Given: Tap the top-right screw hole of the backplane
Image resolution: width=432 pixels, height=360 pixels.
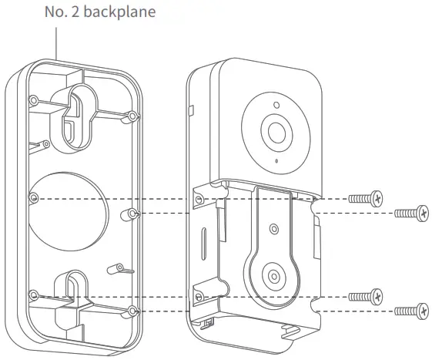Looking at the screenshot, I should (133, 116).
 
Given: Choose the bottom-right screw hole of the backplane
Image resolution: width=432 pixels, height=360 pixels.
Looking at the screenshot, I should (133, 311).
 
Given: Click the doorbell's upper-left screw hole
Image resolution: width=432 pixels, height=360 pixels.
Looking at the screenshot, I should (199, 199).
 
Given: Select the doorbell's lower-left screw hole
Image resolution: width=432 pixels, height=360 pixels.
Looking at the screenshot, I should (199, 297).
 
